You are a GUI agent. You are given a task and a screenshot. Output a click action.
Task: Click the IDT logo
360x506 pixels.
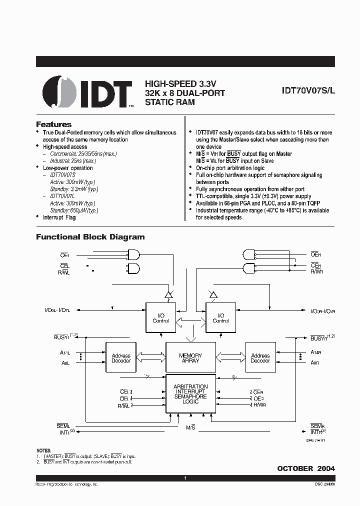(87, 92)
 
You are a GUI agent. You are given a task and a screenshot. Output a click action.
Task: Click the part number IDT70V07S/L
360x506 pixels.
(304, 92)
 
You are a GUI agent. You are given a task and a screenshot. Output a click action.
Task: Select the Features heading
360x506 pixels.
(54, 124)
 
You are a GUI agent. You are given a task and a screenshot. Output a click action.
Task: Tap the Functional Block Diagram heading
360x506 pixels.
(90, 237)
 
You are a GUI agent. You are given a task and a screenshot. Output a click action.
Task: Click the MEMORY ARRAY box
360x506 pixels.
(190, 358)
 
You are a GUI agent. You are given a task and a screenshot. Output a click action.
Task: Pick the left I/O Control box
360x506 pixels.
(160, 317)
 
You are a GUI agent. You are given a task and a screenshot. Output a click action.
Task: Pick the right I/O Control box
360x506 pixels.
(220, 317)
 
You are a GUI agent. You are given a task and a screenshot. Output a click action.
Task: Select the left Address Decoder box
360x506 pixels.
(121, 358)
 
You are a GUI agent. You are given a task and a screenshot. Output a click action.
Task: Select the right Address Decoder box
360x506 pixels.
(260, 358)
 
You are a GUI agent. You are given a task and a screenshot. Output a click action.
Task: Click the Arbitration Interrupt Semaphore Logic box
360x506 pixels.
(190, 393)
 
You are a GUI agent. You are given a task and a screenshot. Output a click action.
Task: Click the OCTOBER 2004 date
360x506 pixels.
(306, 468)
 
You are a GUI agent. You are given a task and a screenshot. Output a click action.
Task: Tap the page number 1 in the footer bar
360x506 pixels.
(185, 478)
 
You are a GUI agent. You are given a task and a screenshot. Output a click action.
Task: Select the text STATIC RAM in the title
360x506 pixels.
(170, 102)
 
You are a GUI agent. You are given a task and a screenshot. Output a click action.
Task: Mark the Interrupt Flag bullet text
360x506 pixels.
(59, 217)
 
